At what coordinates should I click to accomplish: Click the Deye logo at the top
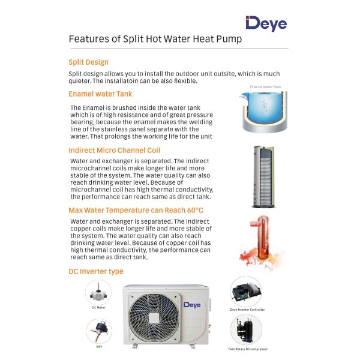tap(266, 23)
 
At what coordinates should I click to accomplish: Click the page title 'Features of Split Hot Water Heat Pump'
tap(155, 39)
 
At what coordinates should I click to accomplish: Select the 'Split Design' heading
tap(88, 62)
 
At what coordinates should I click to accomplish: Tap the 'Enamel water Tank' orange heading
tap(100, 94)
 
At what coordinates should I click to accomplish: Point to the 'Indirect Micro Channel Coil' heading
tap(114, 150)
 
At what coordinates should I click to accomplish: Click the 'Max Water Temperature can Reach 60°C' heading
tap(136, 210)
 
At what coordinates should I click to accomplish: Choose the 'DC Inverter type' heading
tap(96, 271)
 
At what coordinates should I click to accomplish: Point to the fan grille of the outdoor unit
tap(149, 317)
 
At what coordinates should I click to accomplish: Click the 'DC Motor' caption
tap(98, 307)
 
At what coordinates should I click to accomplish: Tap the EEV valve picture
tap(98, 330)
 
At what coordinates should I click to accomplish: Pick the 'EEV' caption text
tap(98, 347)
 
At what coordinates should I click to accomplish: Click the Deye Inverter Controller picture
tap(246, 292)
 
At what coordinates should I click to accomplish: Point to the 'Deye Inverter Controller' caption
tap(247, 310)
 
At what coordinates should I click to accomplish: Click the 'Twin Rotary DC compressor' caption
tap(247, 349)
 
